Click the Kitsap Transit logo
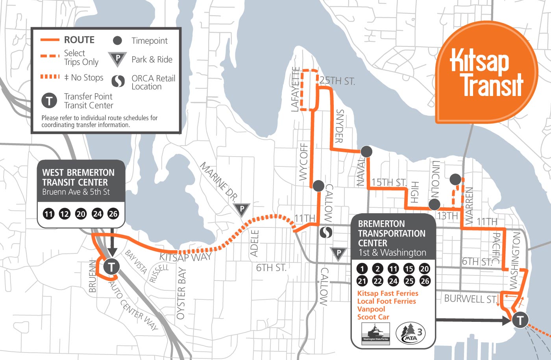tap(486, 73)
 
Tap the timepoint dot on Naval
tap(366, 151)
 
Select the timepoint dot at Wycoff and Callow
tap(318, 185)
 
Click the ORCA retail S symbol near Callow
tap(326, 233)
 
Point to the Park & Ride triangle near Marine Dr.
tap(242, 210)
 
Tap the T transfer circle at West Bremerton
tap(111, 267)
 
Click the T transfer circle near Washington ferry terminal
tap(520, 320)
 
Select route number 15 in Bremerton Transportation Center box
tap(409, 269)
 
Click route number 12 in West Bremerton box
tap(65, 214)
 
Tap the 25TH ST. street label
tap(337, 81)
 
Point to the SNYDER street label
tap(339, 126)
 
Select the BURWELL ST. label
tap(470, 299)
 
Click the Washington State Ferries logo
tap(375, 333)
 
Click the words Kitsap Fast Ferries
tap(388, 294)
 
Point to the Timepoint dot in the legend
tap(117, 41)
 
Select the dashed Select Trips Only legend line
tap(50, 56)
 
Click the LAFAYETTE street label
tap(296, 90)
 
